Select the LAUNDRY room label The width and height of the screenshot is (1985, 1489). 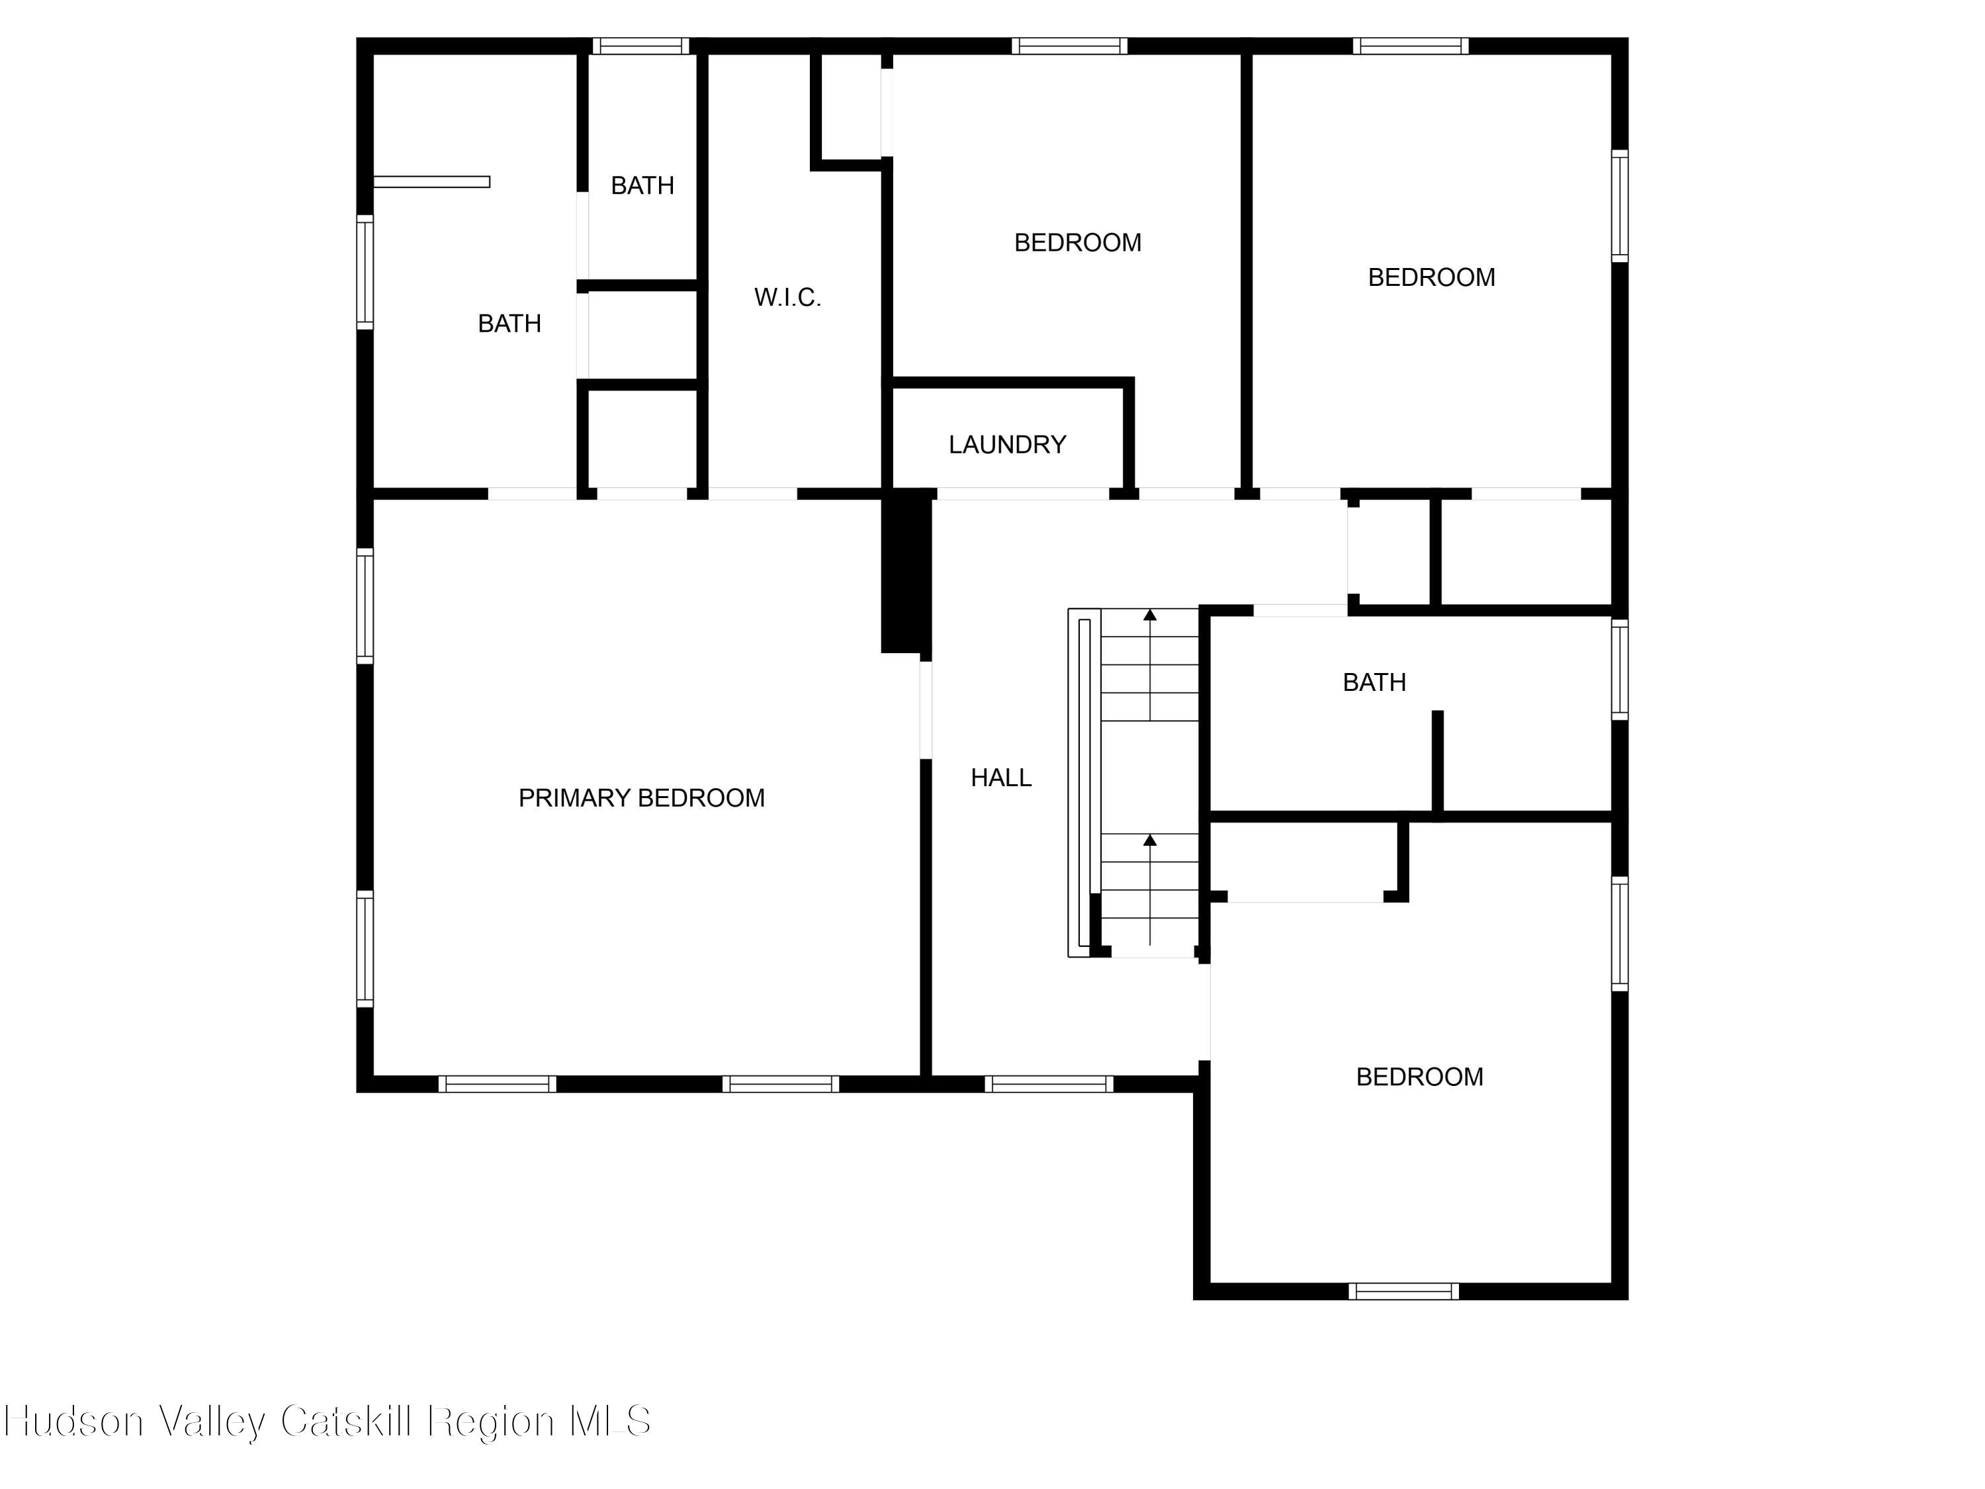point(1007,444)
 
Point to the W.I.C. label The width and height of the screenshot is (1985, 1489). point(787,297)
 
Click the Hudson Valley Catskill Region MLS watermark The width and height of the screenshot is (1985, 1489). point(328,1421)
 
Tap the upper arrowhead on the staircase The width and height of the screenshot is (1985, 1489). point(1149,615)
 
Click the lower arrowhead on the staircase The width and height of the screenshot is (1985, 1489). point(1149,840)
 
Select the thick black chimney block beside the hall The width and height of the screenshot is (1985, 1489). point(905,571)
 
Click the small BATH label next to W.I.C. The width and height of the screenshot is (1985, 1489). point(642,186)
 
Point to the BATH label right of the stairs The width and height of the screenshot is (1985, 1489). point(1373,683)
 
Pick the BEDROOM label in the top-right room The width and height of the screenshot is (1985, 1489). point(1431,277)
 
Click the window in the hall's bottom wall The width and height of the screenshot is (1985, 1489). point(1048,1083)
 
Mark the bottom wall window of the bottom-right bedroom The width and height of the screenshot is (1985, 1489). point(1403,1290)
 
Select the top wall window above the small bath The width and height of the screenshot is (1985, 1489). point(640,46)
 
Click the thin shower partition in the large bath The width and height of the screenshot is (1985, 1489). point(431,182)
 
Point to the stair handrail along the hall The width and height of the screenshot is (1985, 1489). point(1079,783)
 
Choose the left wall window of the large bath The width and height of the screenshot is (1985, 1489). point(365,272)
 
